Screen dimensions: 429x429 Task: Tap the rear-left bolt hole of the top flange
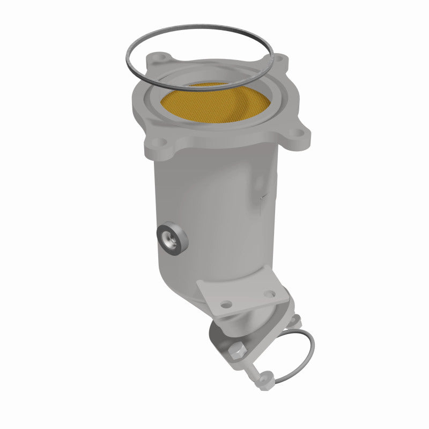160,58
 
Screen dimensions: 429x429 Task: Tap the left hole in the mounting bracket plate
227,305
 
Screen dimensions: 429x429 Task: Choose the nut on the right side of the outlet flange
293,321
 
